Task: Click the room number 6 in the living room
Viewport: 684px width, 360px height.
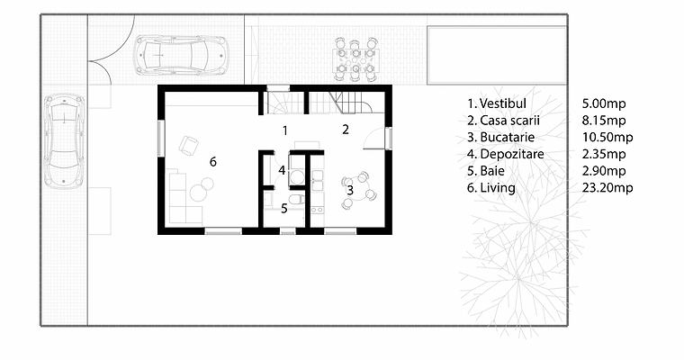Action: (x=213, y=162)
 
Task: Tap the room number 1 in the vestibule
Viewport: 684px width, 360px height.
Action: (x=285, y=130)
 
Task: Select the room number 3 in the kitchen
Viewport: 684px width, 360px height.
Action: (x=350, y=191)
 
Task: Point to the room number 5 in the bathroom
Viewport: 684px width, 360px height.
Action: (x=284, y=209)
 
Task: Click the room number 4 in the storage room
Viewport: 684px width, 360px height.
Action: (x=282, y=170)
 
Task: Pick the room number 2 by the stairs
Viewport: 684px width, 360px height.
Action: (x=346, y=130)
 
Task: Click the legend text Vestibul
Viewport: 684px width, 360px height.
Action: (x=503, y=103)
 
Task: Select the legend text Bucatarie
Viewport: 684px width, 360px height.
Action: (x=508, y=137)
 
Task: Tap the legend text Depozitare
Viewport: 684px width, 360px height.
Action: (x=512, y=154)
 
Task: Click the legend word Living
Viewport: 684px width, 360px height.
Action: (x=498, y=187)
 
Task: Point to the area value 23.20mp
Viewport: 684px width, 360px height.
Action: (x=607, y=187)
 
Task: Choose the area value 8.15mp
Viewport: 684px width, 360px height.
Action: (x=604, y=120)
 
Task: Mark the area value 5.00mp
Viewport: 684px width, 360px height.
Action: (x=604, y=103)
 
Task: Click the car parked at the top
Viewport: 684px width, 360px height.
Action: (x=181, y=56)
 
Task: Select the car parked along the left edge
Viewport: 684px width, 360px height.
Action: (x=64, y=142)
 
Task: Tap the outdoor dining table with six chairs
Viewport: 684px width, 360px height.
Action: (x=355, y=59)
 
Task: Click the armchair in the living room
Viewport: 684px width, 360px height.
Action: (x=188, y=145)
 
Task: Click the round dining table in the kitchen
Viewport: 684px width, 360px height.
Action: (x=358, y=190)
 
